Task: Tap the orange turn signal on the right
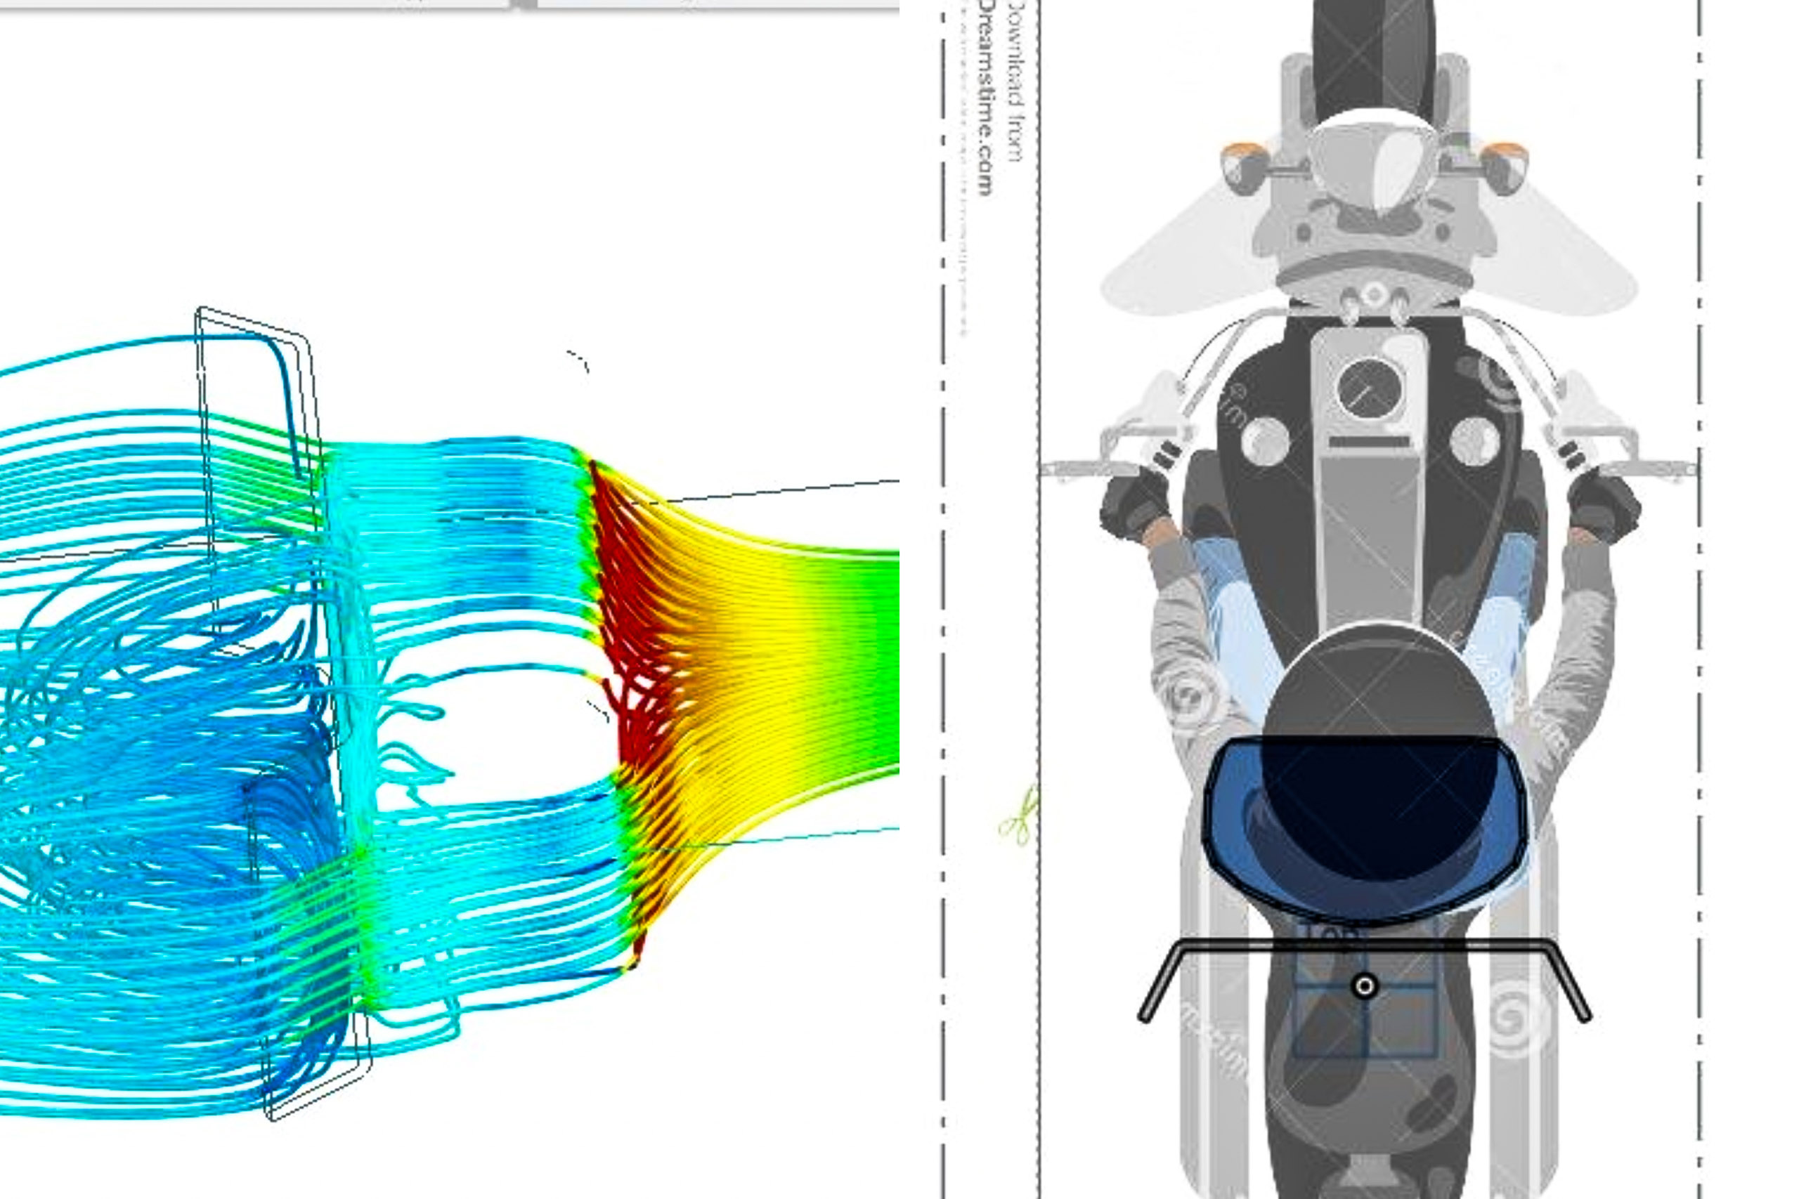1504,166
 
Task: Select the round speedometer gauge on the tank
1369,388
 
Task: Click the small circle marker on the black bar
1365,986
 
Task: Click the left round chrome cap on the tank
1266,441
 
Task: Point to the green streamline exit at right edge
880,657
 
